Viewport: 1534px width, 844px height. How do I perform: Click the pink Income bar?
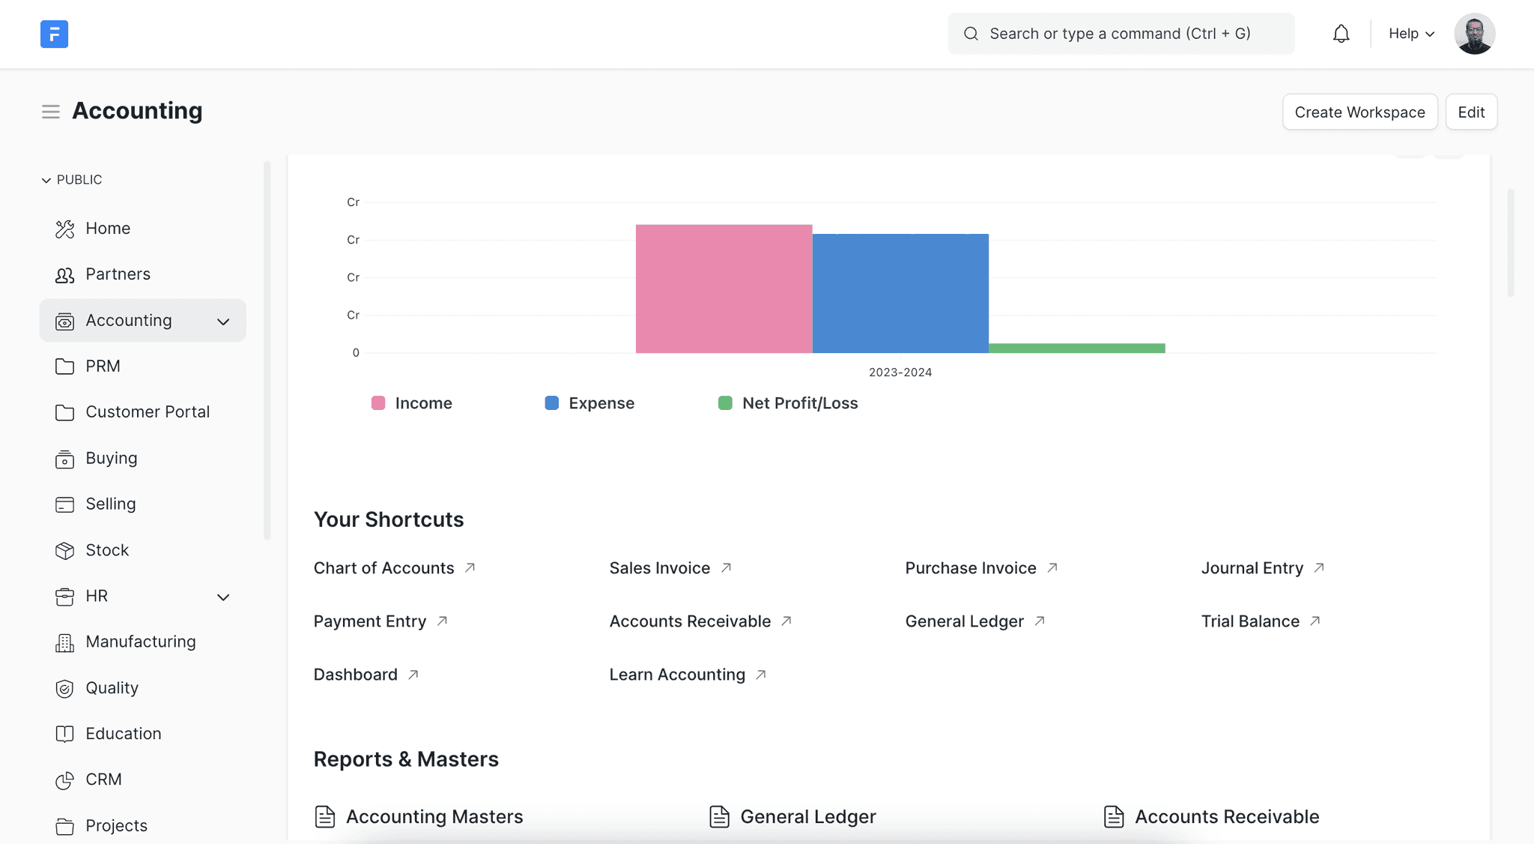tap(724, 289)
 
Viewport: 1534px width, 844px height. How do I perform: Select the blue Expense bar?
tap(900, 293)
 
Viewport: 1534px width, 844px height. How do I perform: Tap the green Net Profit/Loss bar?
tap(1076, 348)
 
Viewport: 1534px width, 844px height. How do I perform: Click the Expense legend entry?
tap(589, 403)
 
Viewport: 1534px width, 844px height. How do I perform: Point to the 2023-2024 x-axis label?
tap(900, 373)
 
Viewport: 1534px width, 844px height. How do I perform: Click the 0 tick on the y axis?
tap(356, 353)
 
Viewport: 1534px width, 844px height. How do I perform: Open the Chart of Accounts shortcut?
tap(383, 568)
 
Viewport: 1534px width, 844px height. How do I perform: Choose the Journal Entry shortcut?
tap(1252, 568)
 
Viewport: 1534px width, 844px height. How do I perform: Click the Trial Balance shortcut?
tap(1249, 621)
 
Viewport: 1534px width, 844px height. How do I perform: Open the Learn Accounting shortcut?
tap(677, 675)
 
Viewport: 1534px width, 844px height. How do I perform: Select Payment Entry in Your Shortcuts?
tap(369, 621)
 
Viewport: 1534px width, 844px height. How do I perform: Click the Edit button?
tap(1470, 112)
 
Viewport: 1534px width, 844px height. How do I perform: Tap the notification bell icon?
tap(1341, 34)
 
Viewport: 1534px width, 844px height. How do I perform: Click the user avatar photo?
tap(1474, 34)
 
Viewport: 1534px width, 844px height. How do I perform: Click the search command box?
tap(1121, 34)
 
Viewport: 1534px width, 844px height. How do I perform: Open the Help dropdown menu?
tap(1411, 34)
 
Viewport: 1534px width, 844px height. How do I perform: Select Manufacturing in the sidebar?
tap(140, 642)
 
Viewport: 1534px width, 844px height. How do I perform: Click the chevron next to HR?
tap(223, 597)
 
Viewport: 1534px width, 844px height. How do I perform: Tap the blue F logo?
tap(54, 34)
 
